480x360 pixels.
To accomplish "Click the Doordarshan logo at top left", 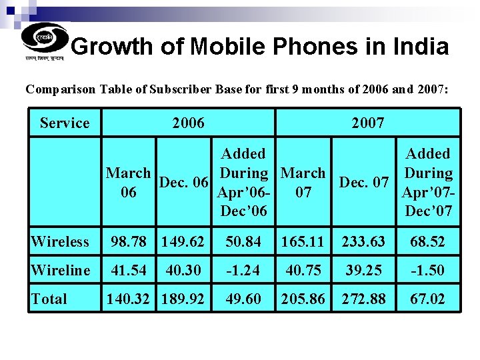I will tap(44, 41).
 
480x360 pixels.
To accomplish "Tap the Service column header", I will tap(65, 123).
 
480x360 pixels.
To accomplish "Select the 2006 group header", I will tap(188, 123).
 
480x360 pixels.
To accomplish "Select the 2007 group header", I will tap(367, 123).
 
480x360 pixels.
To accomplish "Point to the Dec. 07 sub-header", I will tap(364, 182).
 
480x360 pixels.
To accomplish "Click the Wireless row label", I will tap(60, 241).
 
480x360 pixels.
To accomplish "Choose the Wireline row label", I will tap(61, 270).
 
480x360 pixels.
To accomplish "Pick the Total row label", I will tap(49, 299).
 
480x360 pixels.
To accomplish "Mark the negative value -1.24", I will tap(243, 270).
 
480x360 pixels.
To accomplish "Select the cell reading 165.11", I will tap(303, 241).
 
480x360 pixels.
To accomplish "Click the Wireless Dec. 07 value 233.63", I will tap(364, 241).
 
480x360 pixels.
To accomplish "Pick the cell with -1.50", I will tap(428, 270).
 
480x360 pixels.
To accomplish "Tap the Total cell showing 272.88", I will tap(364, 299).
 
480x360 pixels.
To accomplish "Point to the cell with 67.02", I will tap(428, 299).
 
